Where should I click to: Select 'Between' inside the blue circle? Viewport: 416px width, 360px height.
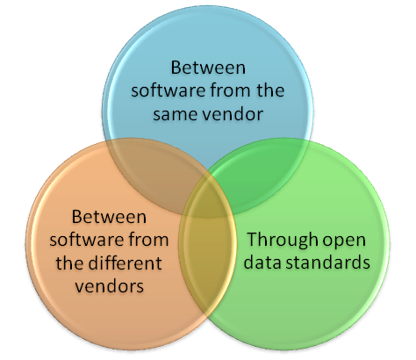[208, 68]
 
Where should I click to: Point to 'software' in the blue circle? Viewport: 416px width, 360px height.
[169, 90]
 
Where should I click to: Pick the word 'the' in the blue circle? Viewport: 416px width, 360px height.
[270, 90]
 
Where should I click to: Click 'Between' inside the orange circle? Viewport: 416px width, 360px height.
[109, 217]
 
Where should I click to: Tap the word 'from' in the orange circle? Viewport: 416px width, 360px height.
[148, 240]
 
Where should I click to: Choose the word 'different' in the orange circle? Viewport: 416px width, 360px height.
[125, 263]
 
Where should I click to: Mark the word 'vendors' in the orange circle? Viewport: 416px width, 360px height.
[110, 285]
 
